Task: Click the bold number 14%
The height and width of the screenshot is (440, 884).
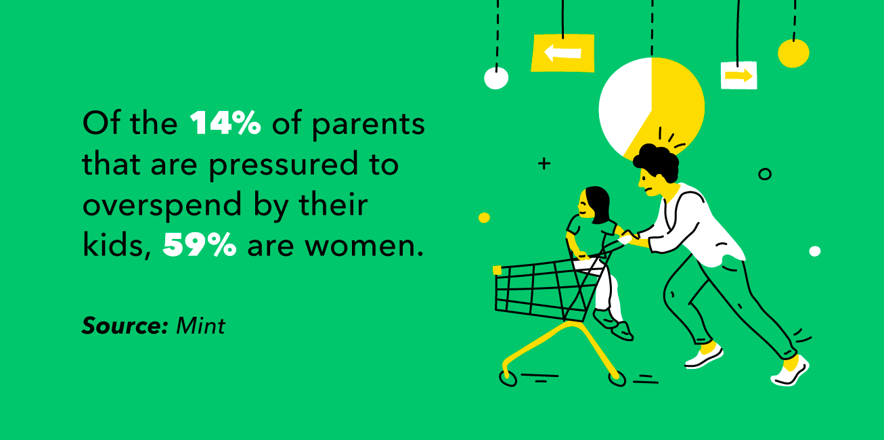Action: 225,125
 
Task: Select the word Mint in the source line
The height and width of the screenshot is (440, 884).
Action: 200,326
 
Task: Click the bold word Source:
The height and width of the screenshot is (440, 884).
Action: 125,326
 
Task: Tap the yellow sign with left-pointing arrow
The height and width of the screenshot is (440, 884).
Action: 562,53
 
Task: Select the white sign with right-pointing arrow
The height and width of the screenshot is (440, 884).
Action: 738,75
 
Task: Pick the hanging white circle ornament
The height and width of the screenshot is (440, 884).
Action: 496,79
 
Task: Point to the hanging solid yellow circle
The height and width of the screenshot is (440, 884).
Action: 793,53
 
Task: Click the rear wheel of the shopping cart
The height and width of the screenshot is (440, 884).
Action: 617,379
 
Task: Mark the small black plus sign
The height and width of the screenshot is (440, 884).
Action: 544,163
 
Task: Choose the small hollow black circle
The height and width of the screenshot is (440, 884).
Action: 765,174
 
